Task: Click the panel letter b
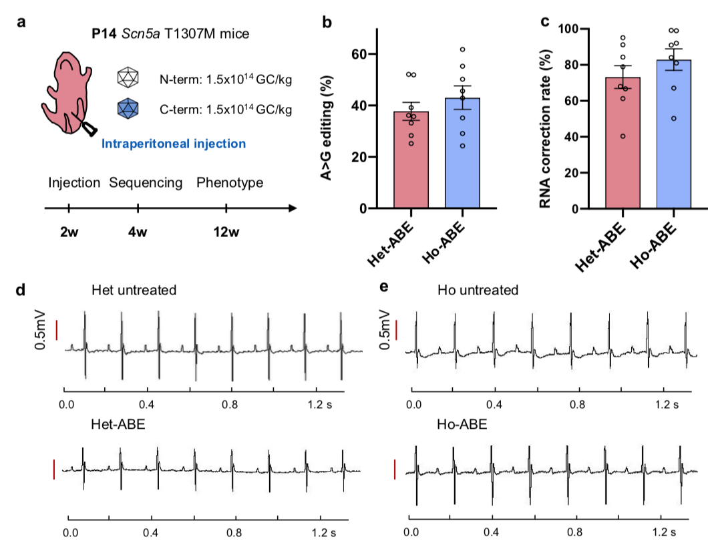coord(327,22)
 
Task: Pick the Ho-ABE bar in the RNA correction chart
coord(673,134)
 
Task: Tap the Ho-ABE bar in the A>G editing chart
coord(462,154)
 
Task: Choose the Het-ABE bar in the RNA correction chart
coord(623,143)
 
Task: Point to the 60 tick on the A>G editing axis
coord(365,54)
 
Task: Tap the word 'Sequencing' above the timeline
coord(146,182)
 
